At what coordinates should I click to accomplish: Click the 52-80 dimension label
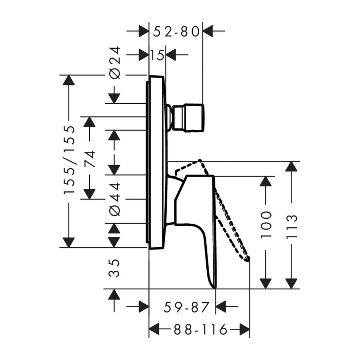(176, 31)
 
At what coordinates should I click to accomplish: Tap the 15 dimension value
(157, 55)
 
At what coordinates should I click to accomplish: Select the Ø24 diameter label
(115, 63)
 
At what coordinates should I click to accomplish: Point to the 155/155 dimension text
(69, 160)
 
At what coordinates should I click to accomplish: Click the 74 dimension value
(90, 159)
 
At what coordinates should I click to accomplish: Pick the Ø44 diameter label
(115, 199)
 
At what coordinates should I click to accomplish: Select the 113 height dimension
(292, 227)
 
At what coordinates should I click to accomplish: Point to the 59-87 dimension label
(186, 307)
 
